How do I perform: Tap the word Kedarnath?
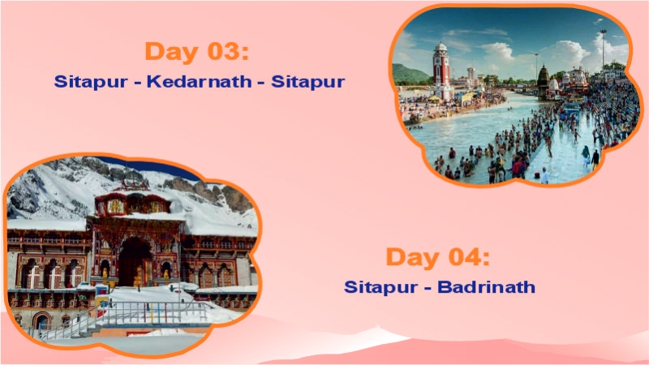(199, 82)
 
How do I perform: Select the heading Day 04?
(438, 257)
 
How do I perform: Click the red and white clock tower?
(441, 69)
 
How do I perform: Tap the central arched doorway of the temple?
(133, 260)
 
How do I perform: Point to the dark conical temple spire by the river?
(542, 77)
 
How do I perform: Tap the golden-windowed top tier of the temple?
(134, 204)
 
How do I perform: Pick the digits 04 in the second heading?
(468, 257)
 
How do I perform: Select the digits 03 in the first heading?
(227, 51)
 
